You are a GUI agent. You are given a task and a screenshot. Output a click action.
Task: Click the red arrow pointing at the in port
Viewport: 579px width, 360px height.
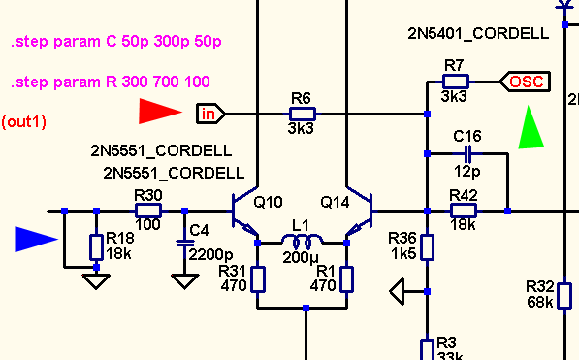coord(160,112)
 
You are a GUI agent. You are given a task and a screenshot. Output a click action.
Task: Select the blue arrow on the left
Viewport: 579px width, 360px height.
coord(36,240)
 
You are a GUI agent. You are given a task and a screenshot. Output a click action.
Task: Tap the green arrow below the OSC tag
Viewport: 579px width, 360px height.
coord(531,127)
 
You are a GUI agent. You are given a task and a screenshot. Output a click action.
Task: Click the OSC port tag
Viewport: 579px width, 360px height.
coord(525,82)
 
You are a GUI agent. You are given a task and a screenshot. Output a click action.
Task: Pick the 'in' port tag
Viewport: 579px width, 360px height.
coord(210,114)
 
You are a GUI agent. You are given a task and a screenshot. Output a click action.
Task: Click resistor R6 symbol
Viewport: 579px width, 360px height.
coord(303,114)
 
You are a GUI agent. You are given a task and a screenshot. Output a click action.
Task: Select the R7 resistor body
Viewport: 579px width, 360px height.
coord(456,82)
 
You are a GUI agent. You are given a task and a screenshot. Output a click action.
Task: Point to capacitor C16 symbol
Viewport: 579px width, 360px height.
coord(467,153)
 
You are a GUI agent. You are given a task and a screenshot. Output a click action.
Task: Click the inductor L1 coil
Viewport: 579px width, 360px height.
coord(302,241)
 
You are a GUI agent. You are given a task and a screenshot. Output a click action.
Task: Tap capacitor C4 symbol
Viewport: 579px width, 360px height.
coord(185,243)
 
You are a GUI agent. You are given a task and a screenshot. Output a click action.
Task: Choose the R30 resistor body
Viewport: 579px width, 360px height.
coord(148,211)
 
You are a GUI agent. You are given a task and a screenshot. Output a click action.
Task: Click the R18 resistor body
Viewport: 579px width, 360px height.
coord(96,246)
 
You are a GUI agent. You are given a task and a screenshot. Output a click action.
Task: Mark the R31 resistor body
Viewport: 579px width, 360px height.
coord(258,279)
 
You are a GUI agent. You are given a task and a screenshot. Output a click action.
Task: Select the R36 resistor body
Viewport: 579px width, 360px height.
coord(428,246)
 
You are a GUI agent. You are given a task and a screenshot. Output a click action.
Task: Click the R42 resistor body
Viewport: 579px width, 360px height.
coord(464,211)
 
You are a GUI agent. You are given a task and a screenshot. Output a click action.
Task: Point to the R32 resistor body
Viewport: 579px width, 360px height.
coord(564,296)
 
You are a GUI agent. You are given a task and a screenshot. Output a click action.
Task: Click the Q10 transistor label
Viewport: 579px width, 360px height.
coord(269,203)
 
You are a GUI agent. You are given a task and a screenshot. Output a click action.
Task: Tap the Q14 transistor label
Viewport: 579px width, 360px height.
coord(335,203)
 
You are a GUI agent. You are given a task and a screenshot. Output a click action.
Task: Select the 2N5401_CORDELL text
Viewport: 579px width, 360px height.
coord(478,34)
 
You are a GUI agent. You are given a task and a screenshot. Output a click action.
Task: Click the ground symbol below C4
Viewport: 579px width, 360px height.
coord(185,281)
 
